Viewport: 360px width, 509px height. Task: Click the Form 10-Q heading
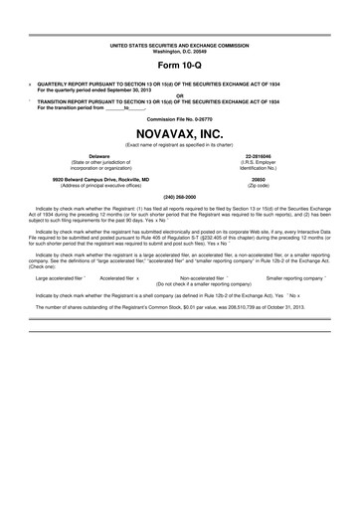click(180, 65)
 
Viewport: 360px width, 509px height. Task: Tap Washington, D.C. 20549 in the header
click(180, 52)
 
